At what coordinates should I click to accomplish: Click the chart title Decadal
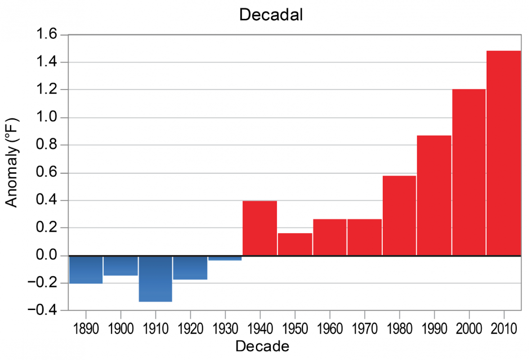271,14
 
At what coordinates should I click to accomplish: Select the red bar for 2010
503,153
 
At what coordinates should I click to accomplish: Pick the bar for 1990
434,195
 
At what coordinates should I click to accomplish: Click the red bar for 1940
260,228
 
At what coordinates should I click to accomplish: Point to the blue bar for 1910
155,279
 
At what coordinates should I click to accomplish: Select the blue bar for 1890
85,270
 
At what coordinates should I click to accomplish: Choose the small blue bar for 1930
225,258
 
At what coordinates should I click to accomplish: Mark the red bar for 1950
295,244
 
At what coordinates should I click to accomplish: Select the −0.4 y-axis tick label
45,310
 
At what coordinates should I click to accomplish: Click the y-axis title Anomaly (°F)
12,162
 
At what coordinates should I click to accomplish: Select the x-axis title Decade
262,346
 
